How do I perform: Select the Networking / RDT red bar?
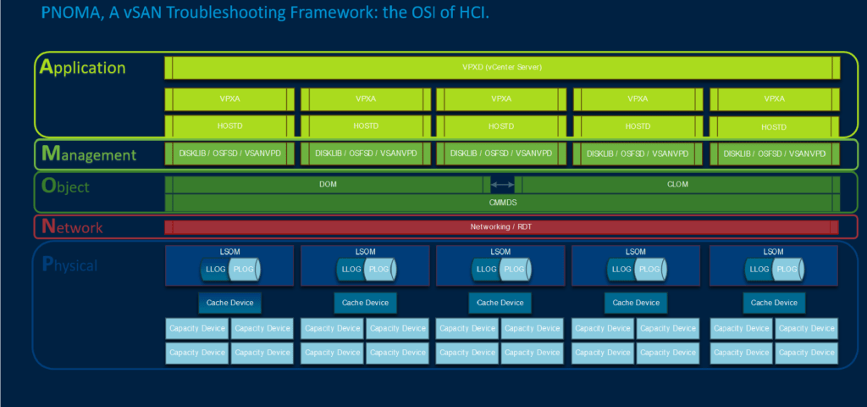[x=502, y=227]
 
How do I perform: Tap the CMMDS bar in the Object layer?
[x=502, y=203]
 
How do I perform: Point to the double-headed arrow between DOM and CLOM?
[x=502, y=184]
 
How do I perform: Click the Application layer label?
[x=83, y=68]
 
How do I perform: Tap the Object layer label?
[x=66, y=186]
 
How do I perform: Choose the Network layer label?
[x=73, y=227]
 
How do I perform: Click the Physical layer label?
[x=70, y=265]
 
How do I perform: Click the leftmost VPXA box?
[x=229, y=99]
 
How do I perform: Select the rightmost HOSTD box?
[x=773, y=127]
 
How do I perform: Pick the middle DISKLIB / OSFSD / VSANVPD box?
[x=500, y=153]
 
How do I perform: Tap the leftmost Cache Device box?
[x=229, y=303]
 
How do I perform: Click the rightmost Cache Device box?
[x=774, y=303]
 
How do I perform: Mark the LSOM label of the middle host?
[x=500, y=252]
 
